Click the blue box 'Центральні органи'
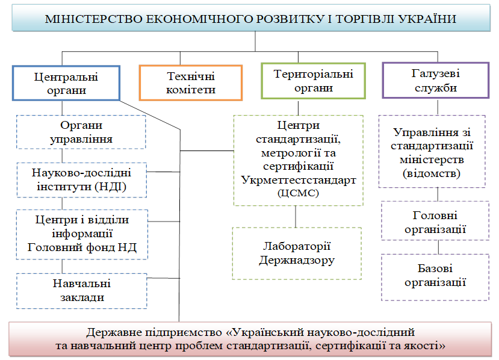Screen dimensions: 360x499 (x=66, y=83)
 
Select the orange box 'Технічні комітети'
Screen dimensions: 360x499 (x=191, y=83)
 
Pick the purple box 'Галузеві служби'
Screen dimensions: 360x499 (x=435, y=80)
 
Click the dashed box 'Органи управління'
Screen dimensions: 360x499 (x=81, y=132)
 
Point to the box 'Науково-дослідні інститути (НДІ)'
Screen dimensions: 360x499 (x=81, y=180)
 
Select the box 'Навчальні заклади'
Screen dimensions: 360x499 (x=81, y=290)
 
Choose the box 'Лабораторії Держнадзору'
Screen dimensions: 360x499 (x=297, y=253)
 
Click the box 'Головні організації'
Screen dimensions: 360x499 (x=434, y=222)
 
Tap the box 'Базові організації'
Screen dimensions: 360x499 (x=434, y=276)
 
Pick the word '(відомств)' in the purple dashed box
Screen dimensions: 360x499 (x=432, y=174)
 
